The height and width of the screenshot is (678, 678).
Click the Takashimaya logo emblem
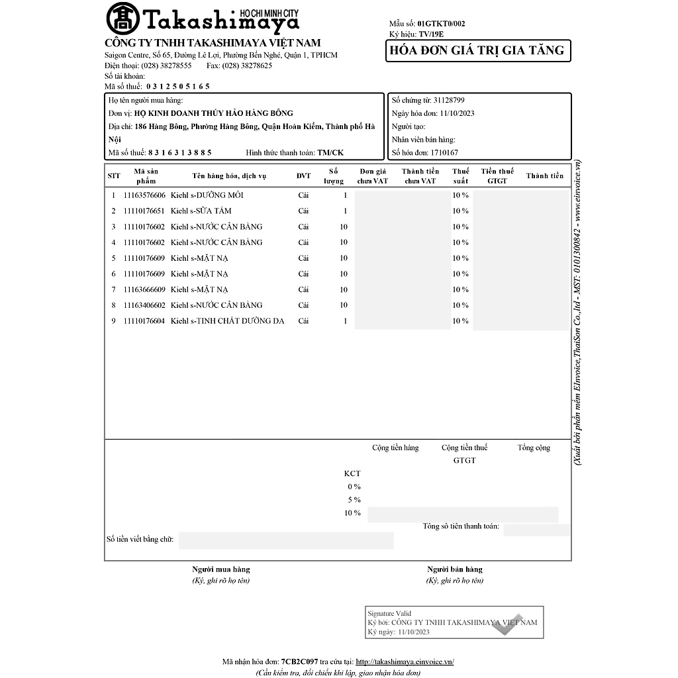pyautogui.click(x=122, y=19)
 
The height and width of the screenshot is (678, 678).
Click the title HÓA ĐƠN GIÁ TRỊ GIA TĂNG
pyautogui.click(x=477, y=51)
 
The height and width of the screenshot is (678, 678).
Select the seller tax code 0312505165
pyautogui.click(x=177, y=86)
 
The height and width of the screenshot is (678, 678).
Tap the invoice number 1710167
pyautogui.click(x=444, y=153)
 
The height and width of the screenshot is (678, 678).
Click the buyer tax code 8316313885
pyautogui.click(x=180, y=152)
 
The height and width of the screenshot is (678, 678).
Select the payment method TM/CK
pyautogui.click(x=330, y=152)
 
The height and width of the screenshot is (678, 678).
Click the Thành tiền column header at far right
pyautogui.click(x=544, y=176)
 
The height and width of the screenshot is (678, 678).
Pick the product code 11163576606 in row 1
pyautogui.click(x=144, y=195)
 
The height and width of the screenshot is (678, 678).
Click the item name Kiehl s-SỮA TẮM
pyautogui.click(x=201, y=211)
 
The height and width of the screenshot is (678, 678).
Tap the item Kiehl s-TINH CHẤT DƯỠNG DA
pyautogui.click(x=227, y=321)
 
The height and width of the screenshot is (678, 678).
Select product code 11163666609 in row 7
pyautogui.click(x=144, y=290)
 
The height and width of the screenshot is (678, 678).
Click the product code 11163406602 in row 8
pyautogui.click(x=144, y=305)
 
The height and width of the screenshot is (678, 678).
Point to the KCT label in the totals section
pyautogui.click(x=352, y=473)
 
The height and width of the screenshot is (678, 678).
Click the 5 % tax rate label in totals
pyautogui.click(x=354, y=500)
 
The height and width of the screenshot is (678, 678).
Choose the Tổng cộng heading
pyautogui.click(x=534, y=448)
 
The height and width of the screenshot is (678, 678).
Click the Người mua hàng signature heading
pyautogui.click(x=221, y=569)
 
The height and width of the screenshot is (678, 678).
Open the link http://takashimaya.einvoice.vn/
pyautogui.click(x=405, y=661)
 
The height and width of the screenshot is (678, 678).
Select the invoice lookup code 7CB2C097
pyautogui.click(x=299, y=661)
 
